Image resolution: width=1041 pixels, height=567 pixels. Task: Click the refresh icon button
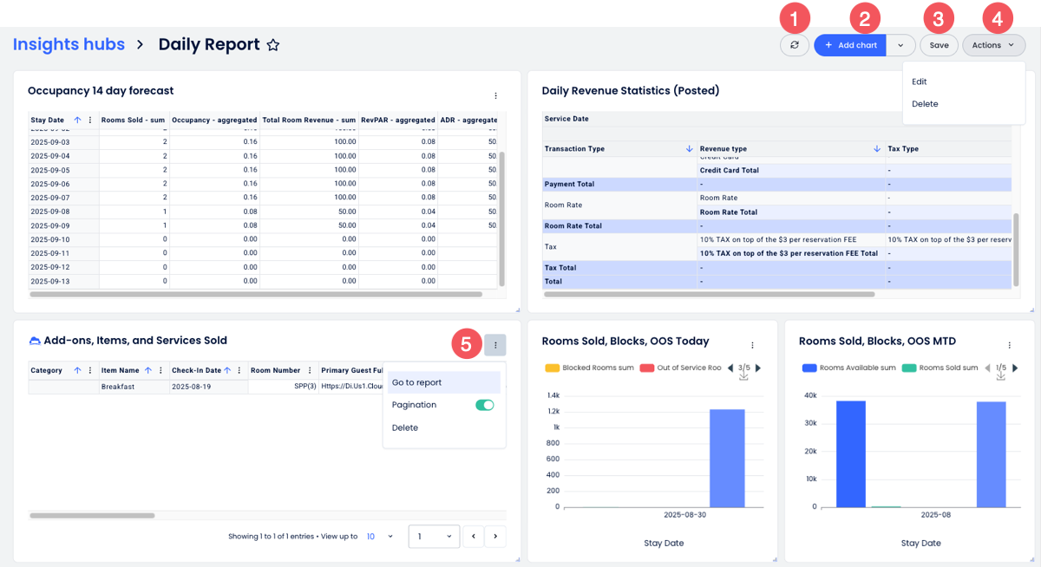tap(794, 45)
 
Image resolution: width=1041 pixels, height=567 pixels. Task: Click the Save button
tap(939, 45)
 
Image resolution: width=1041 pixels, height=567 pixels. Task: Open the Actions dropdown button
tap(993, 45)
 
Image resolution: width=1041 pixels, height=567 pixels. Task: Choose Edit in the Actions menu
tap(920, 81)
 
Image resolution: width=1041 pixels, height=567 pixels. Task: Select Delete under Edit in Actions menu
tap(925, 104)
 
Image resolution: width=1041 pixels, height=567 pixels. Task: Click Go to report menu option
tap(416, 382)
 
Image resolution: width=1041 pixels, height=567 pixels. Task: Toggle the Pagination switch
tap(484, 405)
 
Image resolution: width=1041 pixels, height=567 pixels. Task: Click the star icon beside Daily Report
tap(272, 45)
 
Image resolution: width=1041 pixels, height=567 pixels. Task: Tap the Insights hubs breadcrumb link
tap(69, 44)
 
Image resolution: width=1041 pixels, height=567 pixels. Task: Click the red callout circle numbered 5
tap(466, 344)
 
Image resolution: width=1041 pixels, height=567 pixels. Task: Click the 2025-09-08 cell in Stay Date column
tap(49, 211)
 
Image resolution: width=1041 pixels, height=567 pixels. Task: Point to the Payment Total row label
tap(569, 184)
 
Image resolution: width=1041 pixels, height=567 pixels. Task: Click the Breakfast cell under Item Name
tap(117, 387)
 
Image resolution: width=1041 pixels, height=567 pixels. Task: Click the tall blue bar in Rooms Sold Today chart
tap(727, 458)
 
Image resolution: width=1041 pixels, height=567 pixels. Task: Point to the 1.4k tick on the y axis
tap(553, 395)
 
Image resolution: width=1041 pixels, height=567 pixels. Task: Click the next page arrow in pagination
tap(495, 537)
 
